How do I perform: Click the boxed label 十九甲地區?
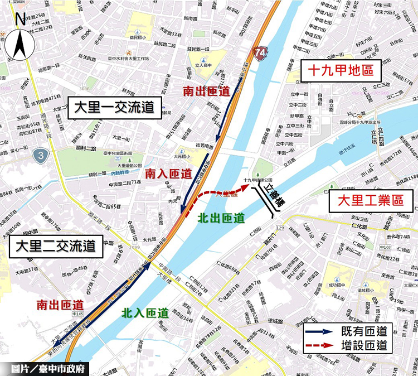(x=340, y=70)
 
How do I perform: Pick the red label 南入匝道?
(x=168, y=174)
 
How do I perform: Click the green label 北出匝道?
(x=221, y=218)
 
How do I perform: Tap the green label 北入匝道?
(x=145, y=314)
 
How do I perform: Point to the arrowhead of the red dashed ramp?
(x=243, y=190)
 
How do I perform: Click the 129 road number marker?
(x=279, y=229)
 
